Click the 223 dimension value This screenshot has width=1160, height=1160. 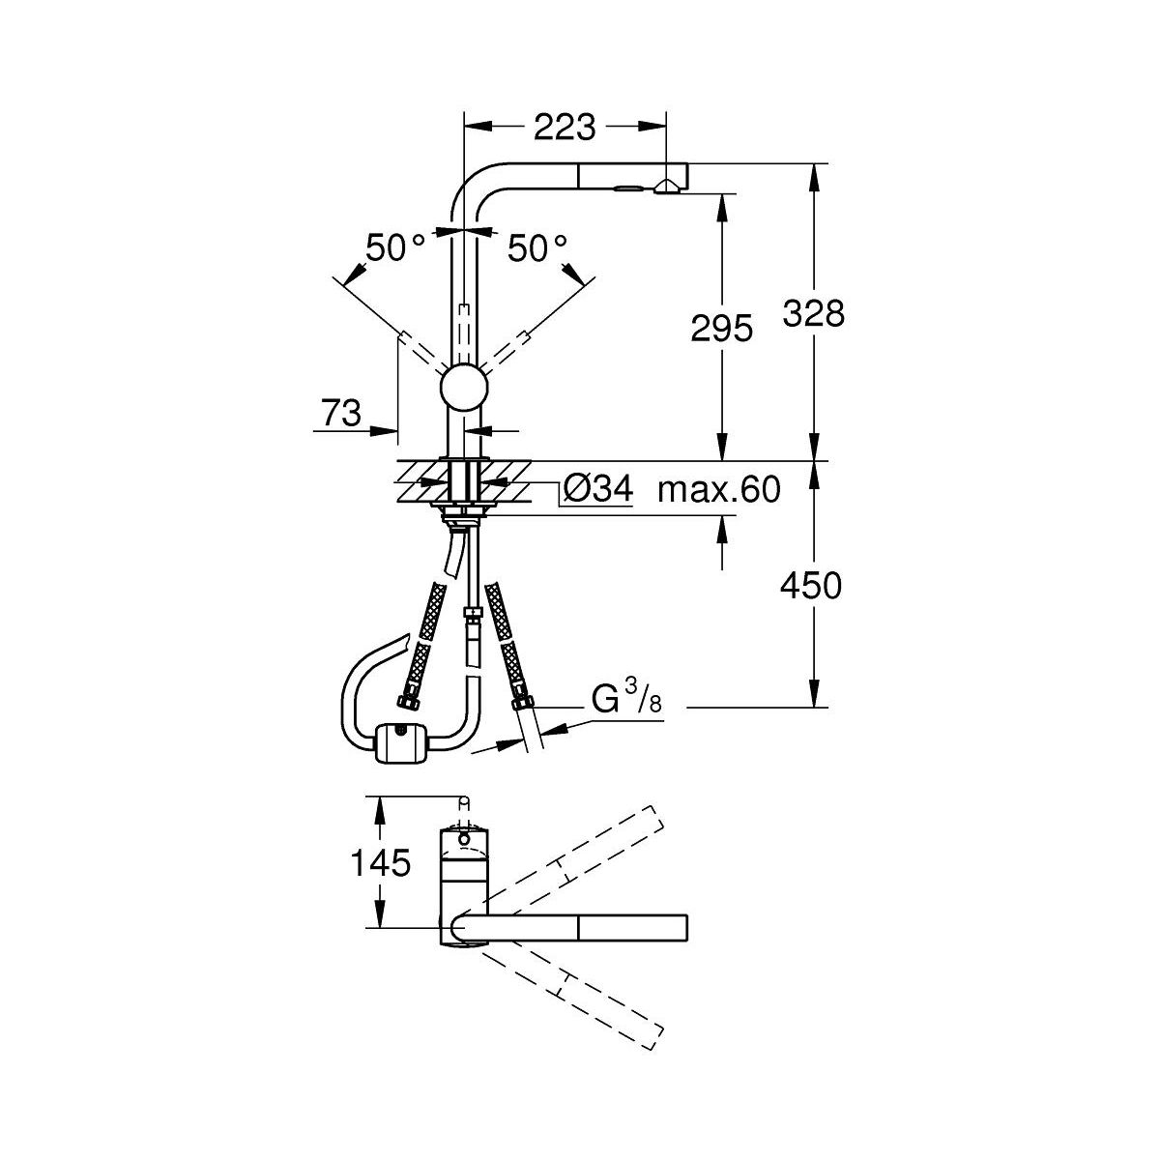pos(565,127)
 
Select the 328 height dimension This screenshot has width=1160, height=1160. pos(814,313)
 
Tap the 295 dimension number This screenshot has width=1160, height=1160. pos(722,329)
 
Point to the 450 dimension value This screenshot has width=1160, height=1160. pos(811,586)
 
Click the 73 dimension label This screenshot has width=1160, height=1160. pos(342,413)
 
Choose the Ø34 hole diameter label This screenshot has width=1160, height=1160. pos(597,488)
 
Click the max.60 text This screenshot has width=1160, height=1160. pos(719,489)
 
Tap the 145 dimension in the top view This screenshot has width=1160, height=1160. pos(381,862)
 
